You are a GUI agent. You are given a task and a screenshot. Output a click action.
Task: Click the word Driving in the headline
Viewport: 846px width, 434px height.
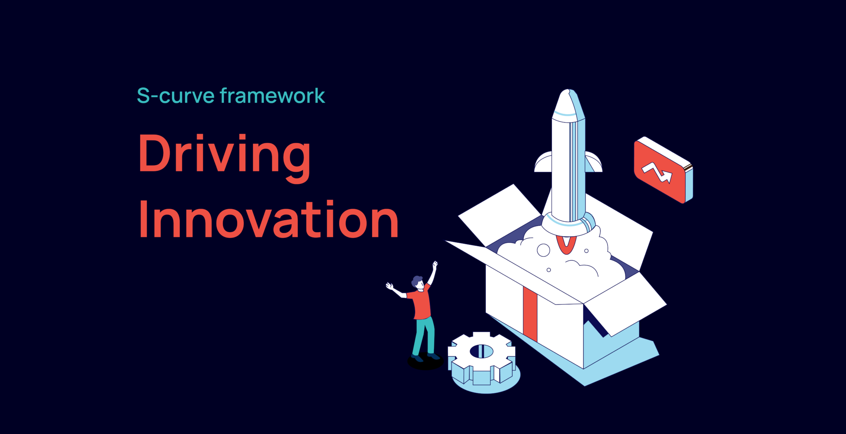[224, 154]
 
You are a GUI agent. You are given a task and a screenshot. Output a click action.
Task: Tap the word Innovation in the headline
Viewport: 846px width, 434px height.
[269, 220]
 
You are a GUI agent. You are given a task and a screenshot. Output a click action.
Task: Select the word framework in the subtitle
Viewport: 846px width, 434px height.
[272, 96]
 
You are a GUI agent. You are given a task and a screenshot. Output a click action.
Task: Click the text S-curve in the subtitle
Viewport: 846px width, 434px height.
[176, 96]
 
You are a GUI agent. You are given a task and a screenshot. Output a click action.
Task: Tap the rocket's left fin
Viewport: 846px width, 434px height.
[543, 163]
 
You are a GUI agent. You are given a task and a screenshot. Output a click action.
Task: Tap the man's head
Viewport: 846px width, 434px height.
[418, 282]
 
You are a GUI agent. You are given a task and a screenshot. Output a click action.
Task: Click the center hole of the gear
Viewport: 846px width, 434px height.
[481, 351]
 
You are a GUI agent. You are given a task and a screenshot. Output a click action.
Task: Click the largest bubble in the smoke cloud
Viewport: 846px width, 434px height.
[543, 250]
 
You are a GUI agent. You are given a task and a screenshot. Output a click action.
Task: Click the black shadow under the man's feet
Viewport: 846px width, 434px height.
[425, 363]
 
